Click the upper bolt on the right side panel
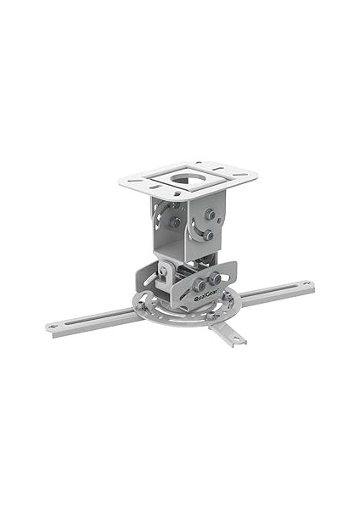[209, 214]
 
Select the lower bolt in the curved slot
[208, 235]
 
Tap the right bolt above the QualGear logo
[215, 278]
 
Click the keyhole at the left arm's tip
[51, 326]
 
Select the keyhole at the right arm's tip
[306, 283]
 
